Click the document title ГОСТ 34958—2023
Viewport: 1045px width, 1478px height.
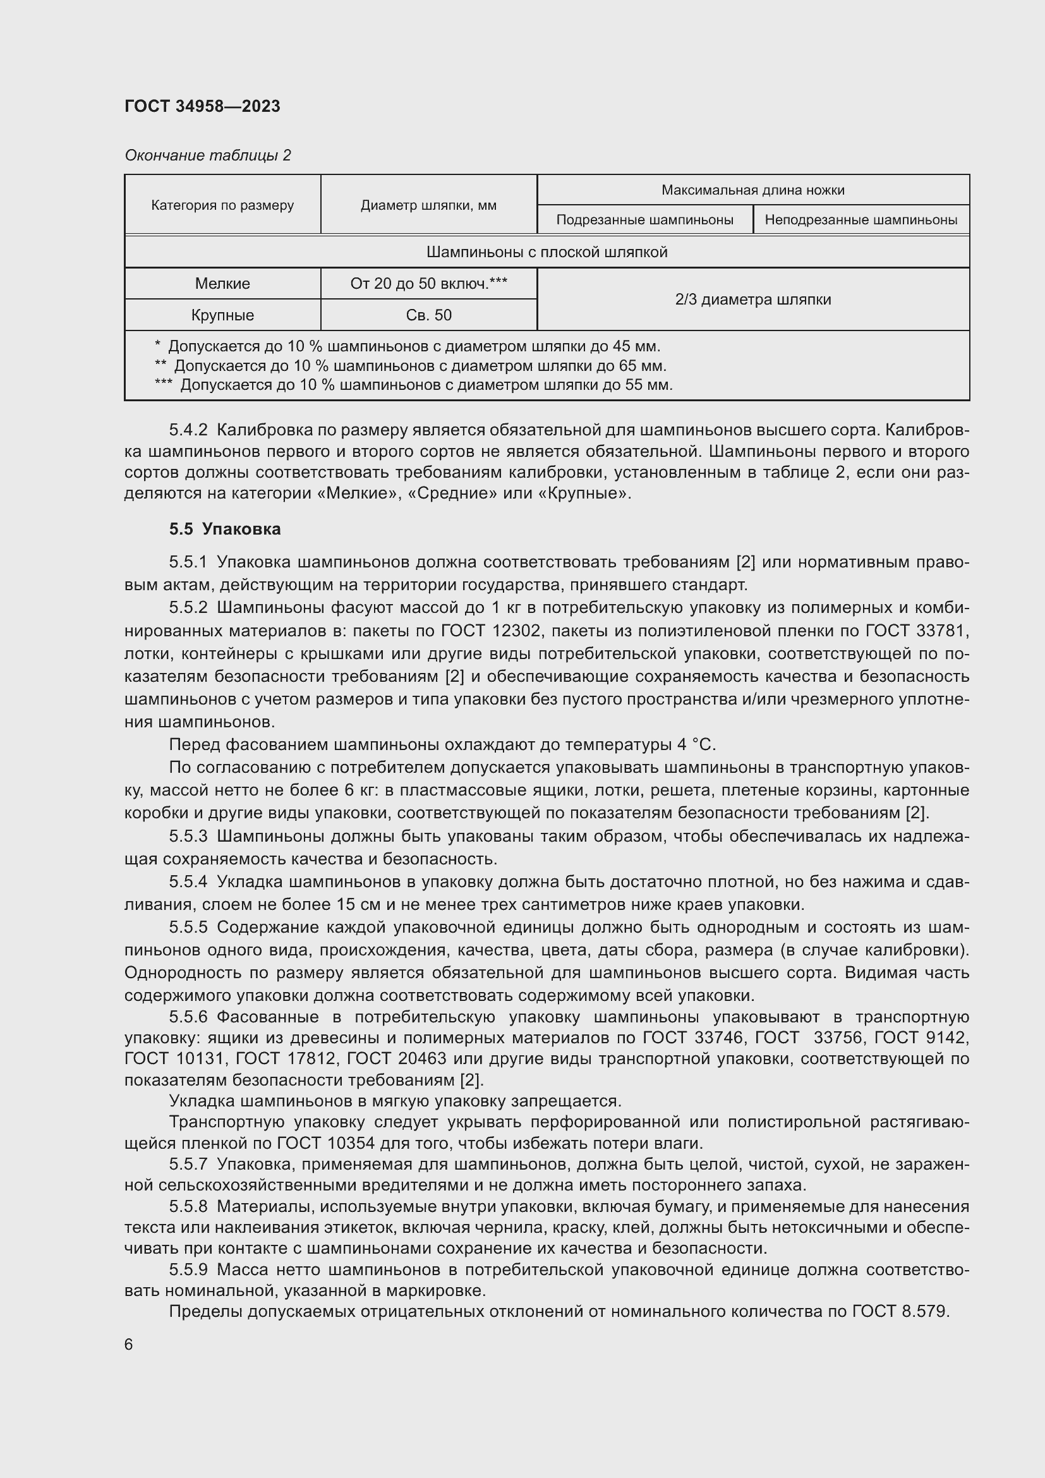(x=202, y=106)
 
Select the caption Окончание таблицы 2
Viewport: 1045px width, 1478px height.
(x=207, y=155)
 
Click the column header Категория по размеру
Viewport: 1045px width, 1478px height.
(x=222, y=205)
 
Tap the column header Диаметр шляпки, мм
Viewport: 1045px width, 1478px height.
(x=428, y=205)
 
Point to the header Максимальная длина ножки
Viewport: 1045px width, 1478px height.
(x=752, y=190)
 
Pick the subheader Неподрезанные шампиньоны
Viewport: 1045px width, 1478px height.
(x=861, y=220)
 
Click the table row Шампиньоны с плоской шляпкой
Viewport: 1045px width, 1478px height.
(x=547, y=252)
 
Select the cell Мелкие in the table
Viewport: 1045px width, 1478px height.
(x=222, y=284)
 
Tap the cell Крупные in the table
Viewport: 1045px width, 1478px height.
(x=222, y=315)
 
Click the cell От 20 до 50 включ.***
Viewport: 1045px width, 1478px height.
(x=428, y=284)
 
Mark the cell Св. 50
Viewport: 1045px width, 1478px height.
(x=428, y=315)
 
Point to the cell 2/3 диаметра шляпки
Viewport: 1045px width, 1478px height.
(x=752, y=300)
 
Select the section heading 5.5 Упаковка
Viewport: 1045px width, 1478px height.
(x=224, y=529)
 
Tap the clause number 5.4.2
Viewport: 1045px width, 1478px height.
(x=188, y=429)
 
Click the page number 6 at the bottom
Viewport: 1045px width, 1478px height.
(x=129, y=1344)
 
